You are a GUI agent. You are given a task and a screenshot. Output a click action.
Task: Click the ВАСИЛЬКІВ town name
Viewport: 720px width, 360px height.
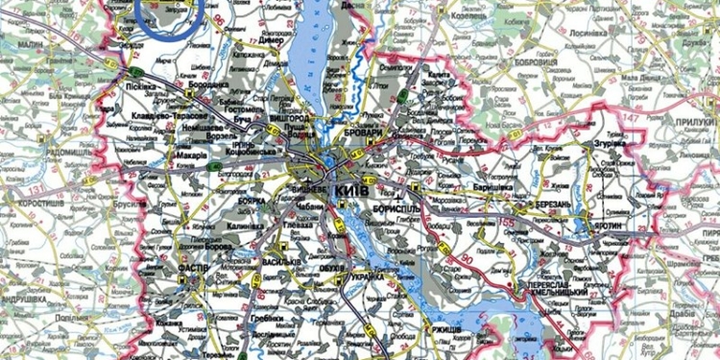click(x=285, y=262)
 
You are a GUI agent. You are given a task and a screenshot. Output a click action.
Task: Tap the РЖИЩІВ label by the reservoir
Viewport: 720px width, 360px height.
click(x=441, y=330)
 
